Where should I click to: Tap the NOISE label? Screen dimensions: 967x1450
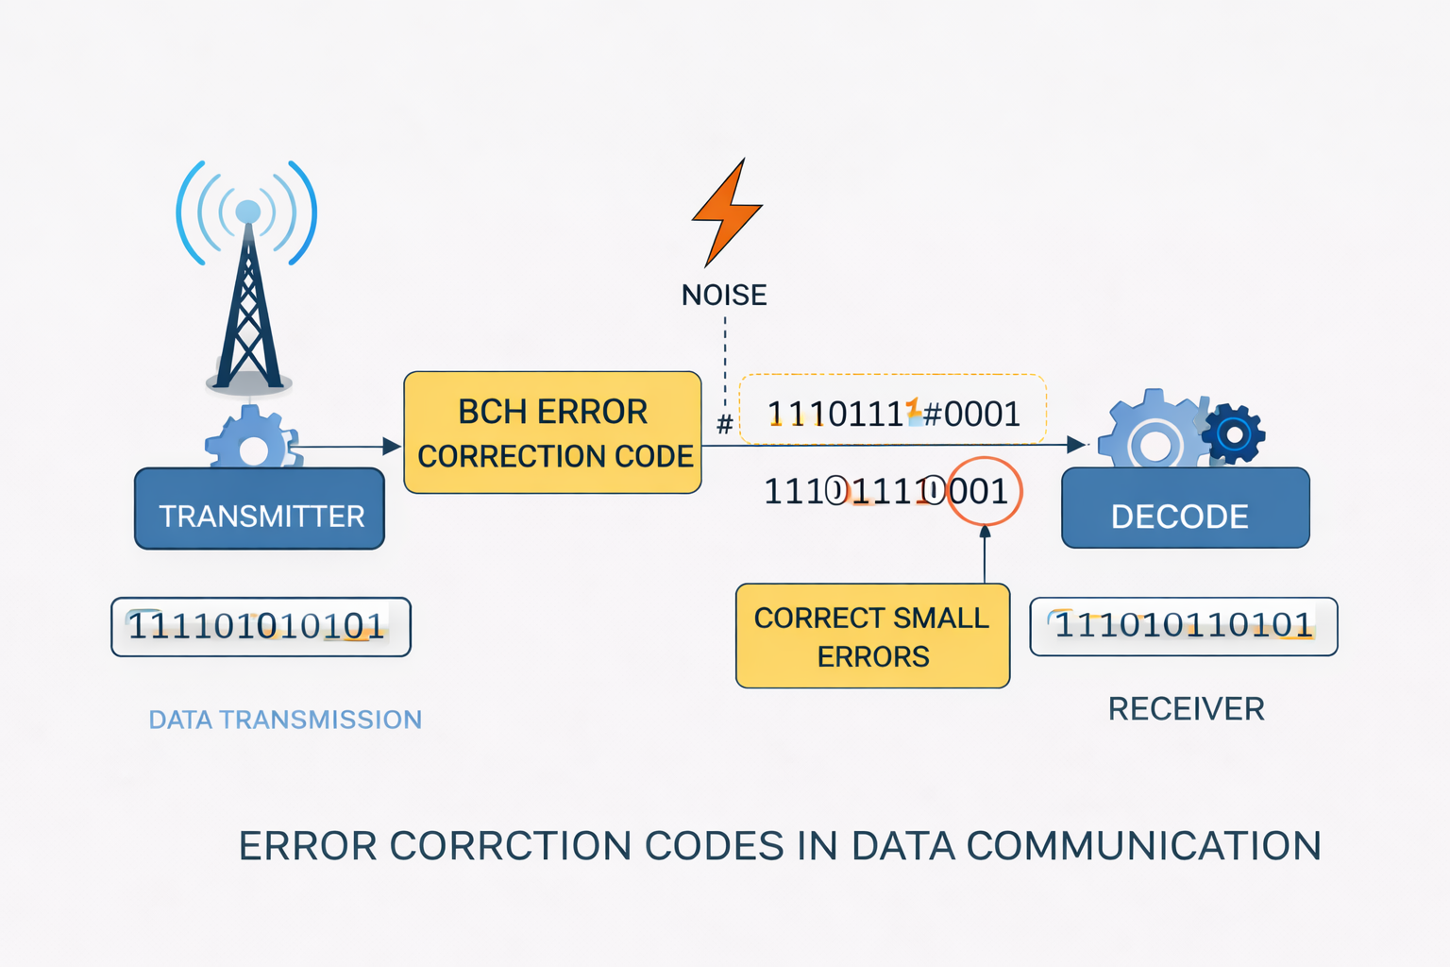(724, 296)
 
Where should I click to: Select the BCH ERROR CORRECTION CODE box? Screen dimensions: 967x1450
(552, 433)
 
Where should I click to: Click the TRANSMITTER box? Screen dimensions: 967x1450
(260, 509)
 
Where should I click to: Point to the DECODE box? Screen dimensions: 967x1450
(1185, 509)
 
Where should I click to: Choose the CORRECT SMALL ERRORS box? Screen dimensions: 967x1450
(872, 636)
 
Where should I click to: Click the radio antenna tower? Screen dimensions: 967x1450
(248, 312)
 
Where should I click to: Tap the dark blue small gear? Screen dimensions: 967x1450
(1233, 433)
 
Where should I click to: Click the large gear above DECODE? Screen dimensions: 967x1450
(1154, 434)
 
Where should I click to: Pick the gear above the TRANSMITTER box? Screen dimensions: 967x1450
(252, 440)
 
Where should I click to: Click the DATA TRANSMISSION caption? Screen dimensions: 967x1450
(285, 720)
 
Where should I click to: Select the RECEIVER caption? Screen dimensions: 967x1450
(1186, 708)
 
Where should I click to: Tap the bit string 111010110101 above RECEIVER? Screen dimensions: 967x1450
(1183, 625)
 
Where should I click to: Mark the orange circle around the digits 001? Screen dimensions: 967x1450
(985, 491)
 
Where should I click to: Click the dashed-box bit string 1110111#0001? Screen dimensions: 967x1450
(892, 413)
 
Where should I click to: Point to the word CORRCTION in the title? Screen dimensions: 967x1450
(510, 845)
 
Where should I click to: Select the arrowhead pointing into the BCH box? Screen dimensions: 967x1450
(392, 447)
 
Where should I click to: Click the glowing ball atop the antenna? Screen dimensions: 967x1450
(248, 212)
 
